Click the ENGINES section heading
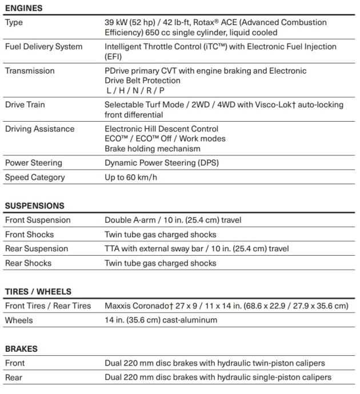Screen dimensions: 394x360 (23, 8)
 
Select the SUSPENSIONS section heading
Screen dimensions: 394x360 (34, 206)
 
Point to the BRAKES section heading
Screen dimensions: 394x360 (21, 348)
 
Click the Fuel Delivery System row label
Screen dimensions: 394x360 (43, 46)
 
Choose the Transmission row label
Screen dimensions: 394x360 (30, 71)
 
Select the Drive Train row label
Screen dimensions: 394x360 (25, 104)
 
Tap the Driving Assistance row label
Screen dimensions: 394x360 (39, 129)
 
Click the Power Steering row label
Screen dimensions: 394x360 (34, 163)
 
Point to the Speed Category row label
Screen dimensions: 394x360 (35, 177)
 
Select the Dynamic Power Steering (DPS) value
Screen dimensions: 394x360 (161, 163)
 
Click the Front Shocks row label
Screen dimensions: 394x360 (29, 234)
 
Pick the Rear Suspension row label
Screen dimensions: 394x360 (37, 248)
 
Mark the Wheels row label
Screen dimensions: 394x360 (19, 320)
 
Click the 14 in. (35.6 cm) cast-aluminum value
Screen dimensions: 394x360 (161, 320)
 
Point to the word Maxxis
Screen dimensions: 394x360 (118, 305)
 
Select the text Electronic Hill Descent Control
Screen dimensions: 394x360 (161, 129)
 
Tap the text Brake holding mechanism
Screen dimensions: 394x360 (152, 148)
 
